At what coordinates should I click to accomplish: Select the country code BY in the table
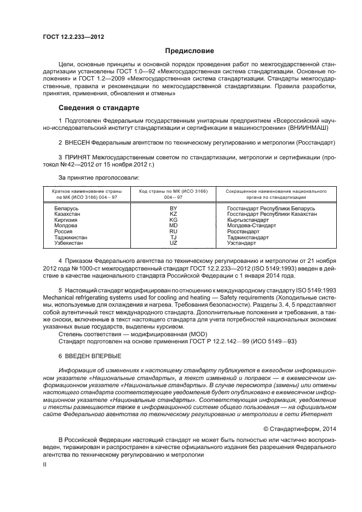click(x=174, y=209)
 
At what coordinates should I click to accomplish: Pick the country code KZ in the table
click(x=174, y=214)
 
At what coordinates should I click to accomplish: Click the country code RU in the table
click(x=174, y=232)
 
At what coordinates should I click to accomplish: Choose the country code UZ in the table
click(x=174, y=243)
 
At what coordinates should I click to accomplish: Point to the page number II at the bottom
click(x=45, y=464)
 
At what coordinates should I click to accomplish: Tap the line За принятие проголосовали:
click(x=99, y=177)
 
